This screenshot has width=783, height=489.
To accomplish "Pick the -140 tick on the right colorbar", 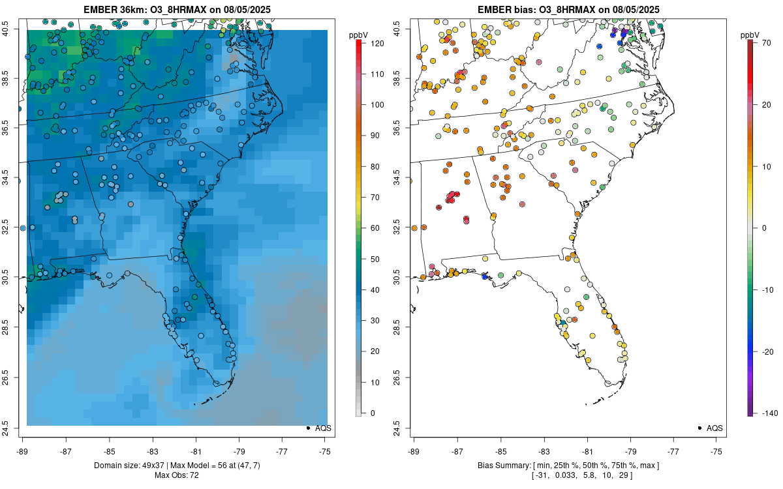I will click(x=765, y=413).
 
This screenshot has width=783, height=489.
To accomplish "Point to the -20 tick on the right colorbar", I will click(x=765, y=351).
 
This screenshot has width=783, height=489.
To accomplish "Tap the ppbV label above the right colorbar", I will click(x=750, y=34).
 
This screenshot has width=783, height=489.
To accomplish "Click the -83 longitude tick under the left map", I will click(x=152, y=451).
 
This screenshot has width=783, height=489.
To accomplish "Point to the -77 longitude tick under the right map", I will click(x=673, y=451).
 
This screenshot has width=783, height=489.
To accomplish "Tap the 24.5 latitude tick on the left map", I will click(x=13, y=428).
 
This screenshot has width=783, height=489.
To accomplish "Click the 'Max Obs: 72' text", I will click(x=176, y=475).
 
